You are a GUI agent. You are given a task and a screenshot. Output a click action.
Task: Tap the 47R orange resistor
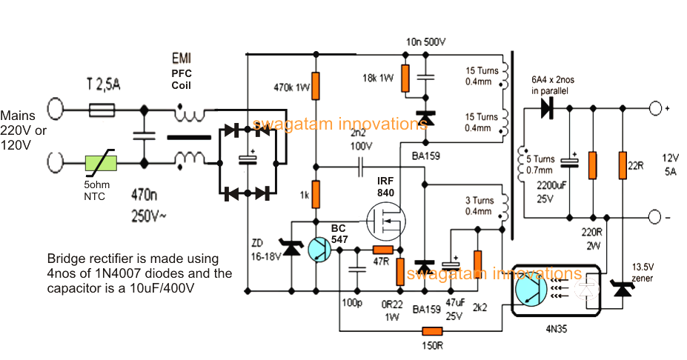382,250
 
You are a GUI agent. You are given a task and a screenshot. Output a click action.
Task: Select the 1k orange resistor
316,194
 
